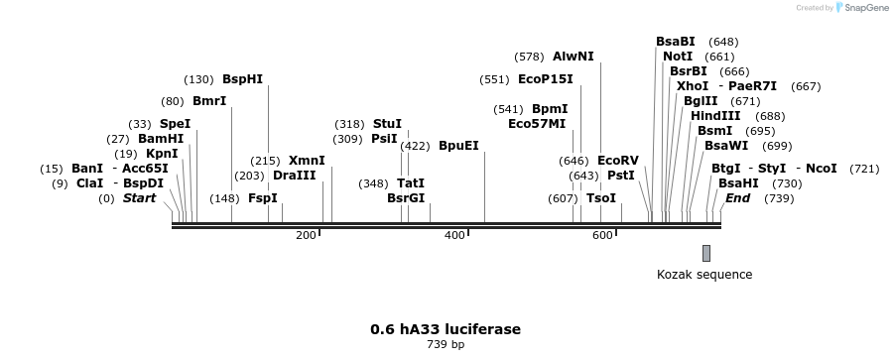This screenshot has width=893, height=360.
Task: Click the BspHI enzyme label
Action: (x=242, y=79)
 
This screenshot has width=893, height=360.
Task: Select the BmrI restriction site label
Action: (x=209, y=101)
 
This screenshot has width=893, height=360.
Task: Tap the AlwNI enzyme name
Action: (x=573, y=57)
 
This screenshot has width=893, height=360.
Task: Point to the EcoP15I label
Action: (x=545, y=79)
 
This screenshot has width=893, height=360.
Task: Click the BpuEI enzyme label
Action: (x=458, y=146)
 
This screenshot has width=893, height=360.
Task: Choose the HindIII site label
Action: (x=716, y=116)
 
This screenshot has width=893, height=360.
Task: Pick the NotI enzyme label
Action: (x=678, y=57)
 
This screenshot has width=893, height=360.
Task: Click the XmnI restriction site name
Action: (x=307, y=161)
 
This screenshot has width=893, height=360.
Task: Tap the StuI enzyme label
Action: (x=387, y=124)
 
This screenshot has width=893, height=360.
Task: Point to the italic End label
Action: (x=738, y=198)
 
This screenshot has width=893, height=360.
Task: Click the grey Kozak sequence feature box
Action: (x=706, y=253)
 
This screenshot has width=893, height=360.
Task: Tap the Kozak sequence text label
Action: (x=704, y=275)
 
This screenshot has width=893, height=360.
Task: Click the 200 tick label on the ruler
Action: (x=306, y=235)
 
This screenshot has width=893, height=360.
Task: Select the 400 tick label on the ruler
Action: (x=454, y=235)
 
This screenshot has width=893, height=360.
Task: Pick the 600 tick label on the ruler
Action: (x=603, y=235)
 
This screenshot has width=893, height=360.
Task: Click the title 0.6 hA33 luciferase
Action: (x=446, y=328)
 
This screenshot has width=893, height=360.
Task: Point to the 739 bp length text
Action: (x=446, y=345)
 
